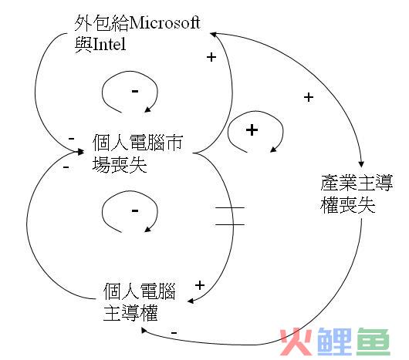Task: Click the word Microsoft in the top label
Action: coord(164,23)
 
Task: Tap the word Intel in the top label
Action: coord(109,44)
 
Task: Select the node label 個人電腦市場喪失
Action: coord(137,153)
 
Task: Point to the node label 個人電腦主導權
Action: coord(140,302)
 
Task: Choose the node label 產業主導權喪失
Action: coord(357,194)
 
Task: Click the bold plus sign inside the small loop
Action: coord(252,130)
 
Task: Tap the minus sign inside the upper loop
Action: coord(135,91)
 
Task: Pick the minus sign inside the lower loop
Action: coord(135,210)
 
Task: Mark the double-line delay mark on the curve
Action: coord(230,216)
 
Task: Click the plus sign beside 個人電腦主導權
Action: coord(200,285)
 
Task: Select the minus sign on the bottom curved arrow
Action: coord(174,333)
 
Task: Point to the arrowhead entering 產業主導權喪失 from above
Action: coord(361,164)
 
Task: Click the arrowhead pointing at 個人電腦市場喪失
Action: coord(80,152)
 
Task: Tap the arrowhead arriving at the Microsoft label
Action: coord(213,34)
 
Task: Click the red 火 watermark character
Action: coord(296,342)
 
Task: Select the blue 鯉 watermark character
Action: coord(335,341)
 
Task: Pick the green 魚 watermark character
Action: coord(374,341)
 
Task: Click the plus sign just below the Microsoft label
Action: coord(211,57)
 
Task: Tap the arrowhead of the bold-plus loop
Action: coord(273,150)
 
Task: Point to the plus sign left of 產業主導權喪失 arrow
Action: coord(309,97)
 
